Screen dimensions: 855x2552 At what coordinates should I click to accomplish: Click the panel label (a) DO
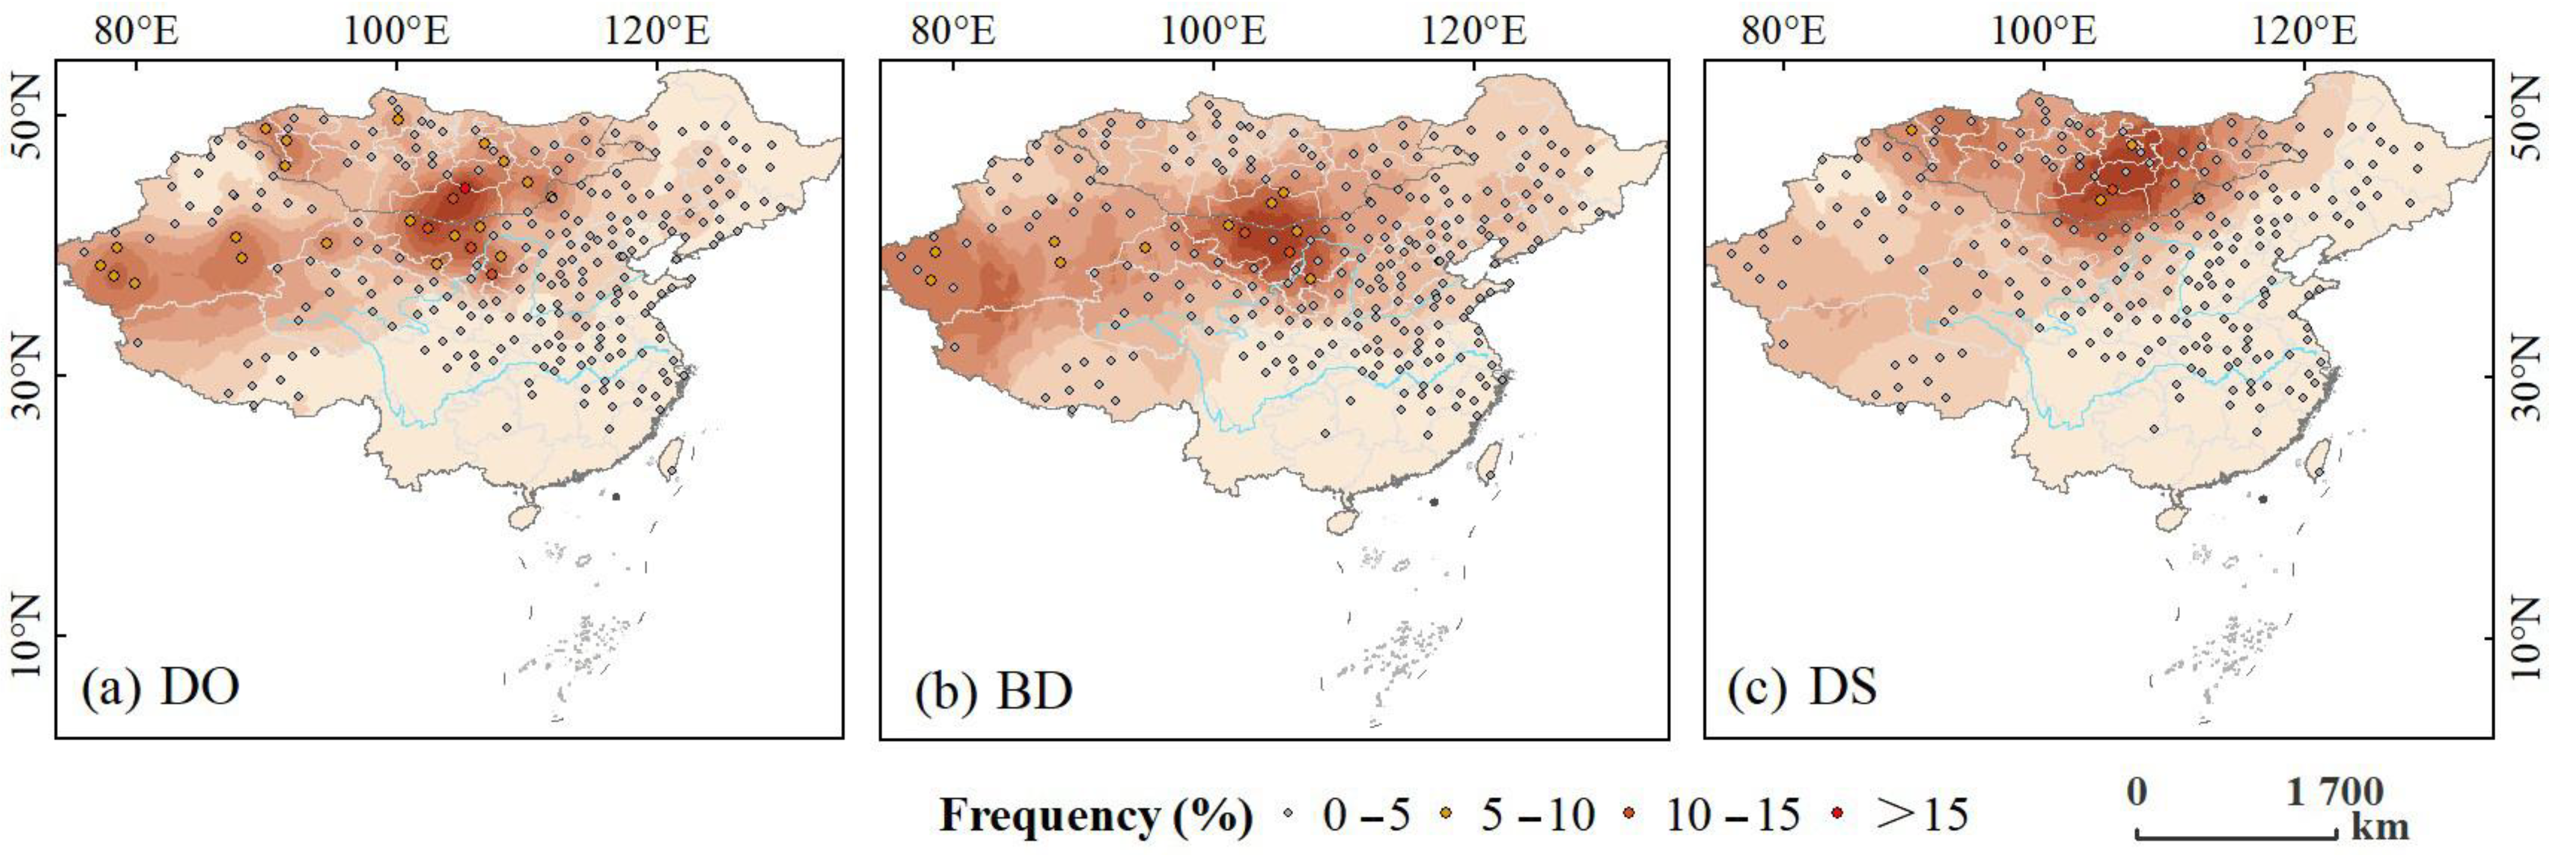(x=161, y=688)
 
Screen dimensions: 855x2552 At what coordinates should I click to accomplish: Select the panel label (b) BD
(x=994, y=690)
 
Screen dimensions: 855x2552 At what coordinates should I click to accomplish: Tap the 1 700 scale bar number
(x=2333, y=793)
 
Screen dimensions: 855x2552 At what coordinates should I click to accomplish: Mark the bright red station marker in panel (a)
(x=465, y=187)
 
